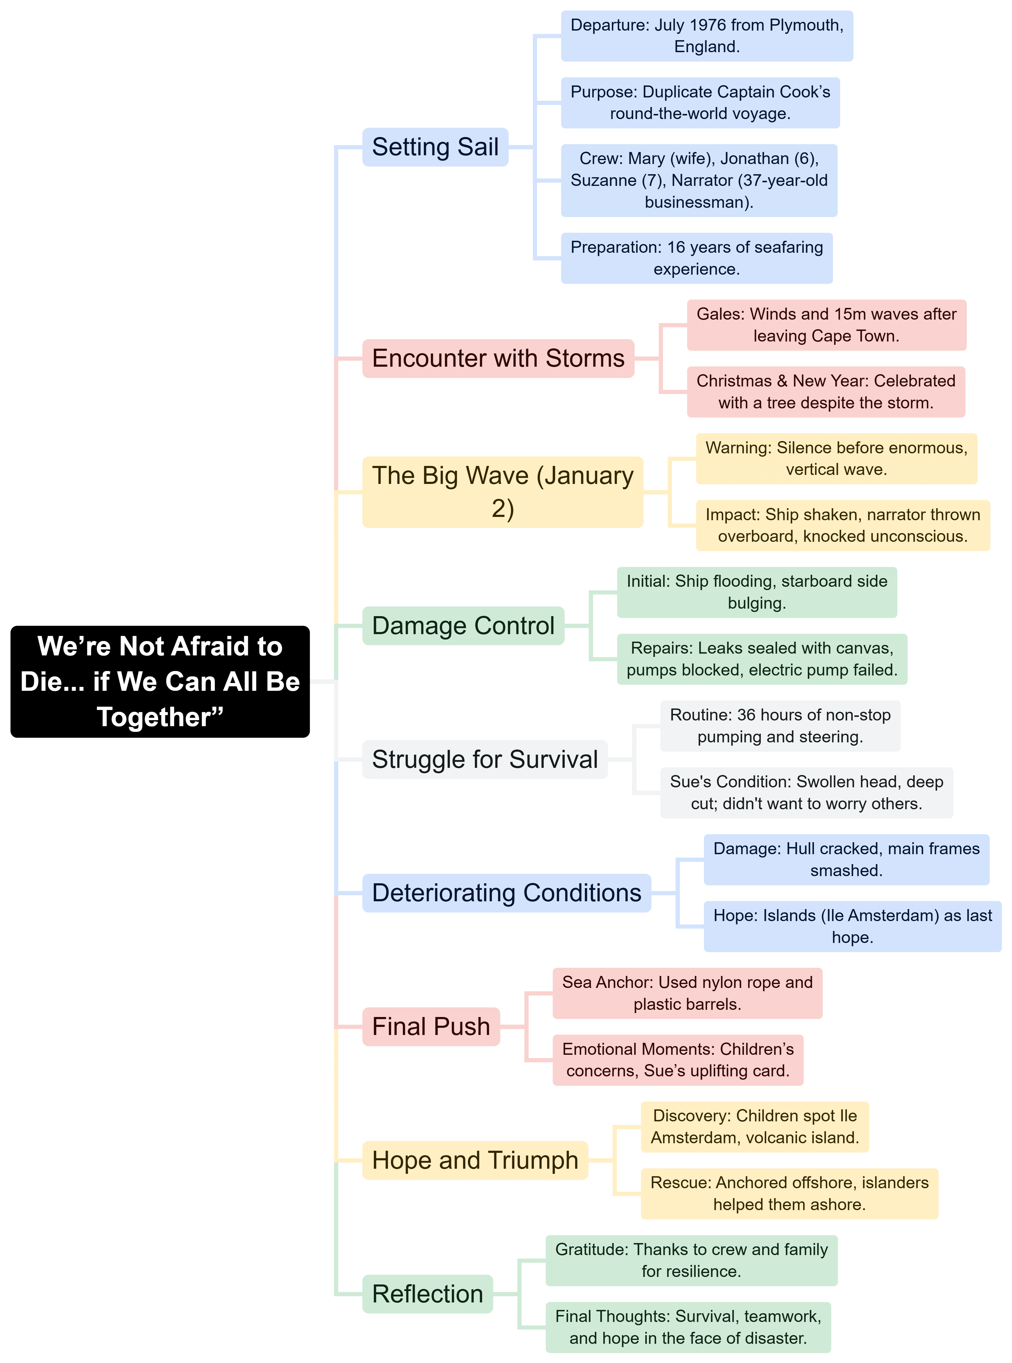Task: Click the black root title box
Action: (160, 681)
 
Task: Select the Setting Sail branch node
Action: (435, 147)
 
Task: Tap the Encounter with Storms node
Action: (498, 358)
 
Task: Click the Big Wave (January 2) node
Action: (502, 492)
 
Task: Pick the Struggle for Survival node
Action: (485, 760)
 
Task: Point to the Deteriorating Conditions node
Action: (506, 893)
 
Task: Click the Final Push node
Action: (431, 1027)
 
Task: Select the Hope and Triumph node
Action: (475, 1160)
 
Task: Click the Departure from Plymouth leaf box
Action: (707, 36)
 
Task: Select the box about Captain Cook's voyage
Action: (700, 103)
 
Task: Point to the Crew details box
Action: (699, 181)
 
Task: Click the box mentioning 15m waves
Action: (826, 325)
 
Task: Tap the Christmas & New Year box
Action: (826, 392)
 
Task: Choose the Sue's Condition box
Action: (806, 793)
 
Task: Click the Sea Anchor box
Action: (687, 994)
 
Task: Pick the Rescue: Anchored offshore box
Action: (789, 1194)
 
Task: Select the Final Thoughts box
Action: (688, 1327)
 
